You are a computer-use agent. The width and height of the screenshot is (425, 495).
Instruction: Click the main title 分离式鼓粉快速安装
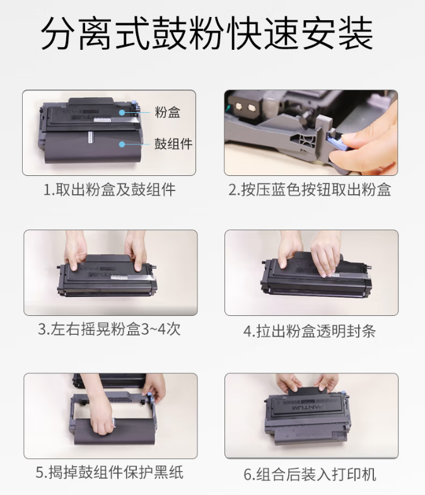[207, 34]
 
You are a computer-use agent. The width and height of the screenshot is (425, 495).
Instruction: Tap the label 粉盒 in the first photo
[167, 112]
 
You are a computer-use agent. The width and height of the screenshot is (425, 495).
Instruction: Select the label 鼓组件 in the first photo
[173, 144]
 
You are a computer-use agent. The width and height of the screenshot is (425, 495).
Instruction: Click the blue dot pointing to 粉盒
[122, 112]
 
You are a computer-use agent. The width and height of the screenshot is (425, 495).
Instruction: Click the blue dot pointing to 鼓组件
[122, 144]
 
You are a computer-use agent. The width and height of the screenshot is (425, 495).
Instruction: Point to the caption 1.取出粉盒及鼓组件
[109, 190]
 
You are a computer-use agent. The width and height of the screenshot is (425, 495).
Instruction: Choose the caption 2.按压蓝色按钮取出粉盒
[310, 190]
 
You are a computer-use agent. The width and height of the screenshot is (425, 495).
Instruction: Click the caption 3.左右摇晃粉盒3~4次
[109, 329]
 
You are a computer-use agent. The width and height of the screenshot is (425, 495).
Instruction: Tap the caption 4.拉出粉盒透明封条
[310, 331]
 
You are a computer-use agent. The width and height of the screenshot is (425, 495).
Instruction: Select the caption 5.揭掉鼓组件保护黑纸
[109, 472]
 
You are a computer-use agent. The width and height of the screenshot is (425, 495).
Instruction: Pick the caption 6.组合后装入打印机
[310, 474]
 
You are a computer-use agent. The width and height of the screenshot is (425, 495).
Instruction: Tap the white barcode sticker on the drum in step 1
[91, 137]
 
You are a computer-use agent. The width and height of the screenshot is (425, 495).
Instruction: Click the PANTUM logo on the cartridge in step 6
[308, 407]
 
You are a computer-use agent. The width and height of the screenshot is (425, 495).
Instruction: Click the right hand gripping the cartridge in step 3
[136, 251]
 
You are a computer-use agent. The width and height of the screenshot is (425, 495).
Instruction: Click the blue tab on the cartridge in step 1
[134, 107]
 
